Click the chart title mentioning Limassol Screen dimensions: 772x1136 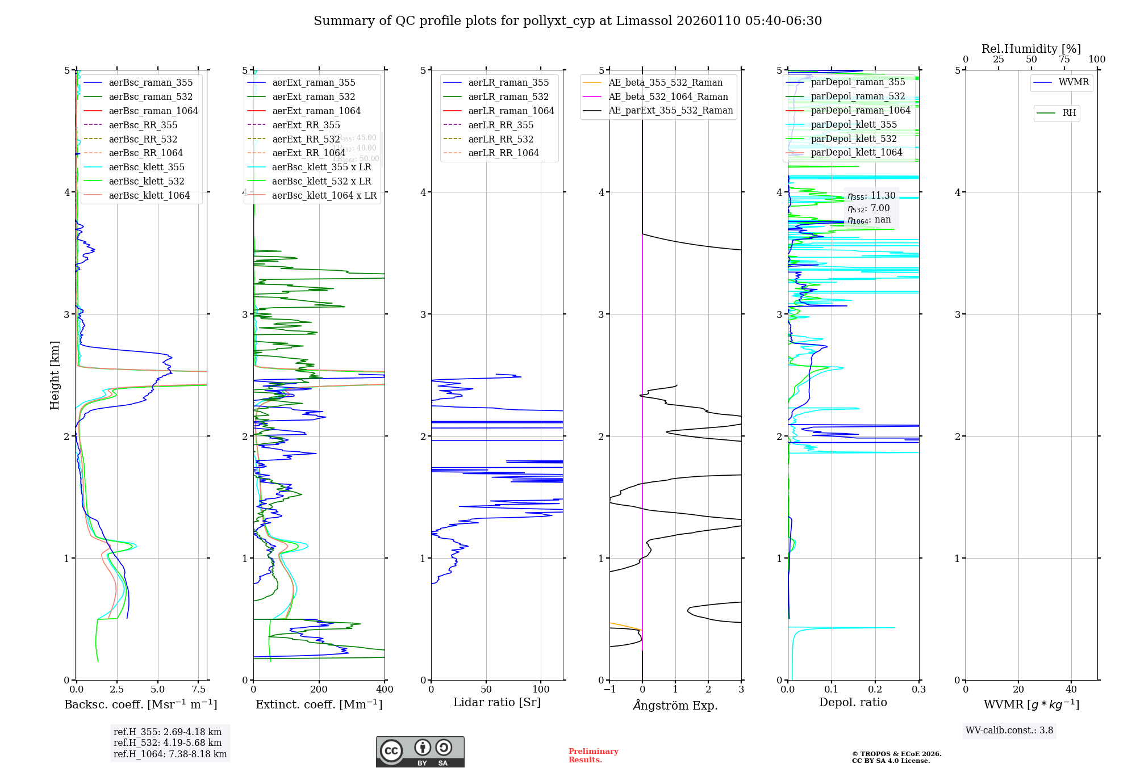567,21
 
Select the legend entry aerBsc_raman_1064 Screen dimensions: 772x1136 153,111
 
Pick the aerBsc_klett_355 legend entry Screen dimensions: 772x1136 147,167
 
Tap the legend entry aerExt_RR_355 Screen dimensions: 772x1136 306,125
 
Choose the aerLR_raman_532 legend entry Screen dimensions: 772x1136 508,96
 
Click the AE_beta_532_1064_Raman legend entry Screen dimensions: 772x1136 668,96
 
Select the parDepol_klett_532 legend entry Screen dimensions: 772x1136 854,139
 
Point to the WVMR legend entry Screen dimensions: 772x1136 1074,82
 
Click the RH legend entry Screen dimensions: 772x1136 1069,113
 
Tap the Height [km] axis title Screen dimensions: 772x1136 55,375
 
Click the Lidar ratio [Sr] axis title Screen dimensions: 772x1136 497,702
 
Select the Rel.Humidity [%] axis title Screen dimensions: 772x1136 1031,49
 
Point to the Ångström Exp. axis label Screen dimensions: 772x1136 675,705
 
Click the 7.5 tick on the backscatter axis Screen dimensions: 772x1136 198,690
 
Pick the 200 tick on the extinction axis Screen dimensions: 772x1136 319,690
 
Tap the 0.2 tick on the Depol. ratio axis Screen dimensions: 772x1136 875,690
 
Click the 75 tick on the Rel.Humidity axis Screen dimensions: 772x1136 1064,59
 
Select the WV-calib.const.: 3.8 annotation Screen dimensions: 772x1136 1009,731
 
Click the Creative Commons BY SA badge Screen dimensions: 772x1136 420,752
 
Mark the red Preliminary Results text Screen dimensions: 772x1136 593,756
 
